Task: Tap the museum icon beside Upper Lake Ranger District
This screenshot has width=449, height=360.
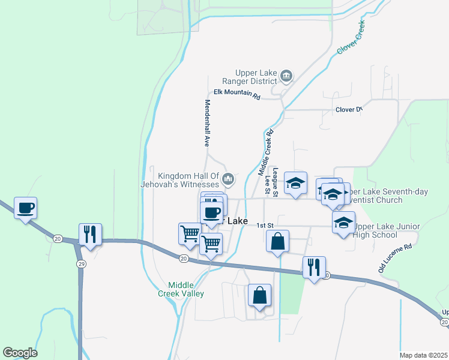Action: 287,76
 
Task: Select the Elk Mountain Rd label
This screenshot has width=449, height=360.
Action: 237,95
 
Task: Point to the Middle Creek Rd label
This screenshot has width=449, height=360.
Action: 266,152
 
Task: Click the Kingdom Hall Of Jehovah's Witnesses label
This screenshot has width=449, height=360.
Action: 186,180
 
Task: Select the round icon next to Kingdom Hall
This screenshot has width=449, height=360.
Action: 228,179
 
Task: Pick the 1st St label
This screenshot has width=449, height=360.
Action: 265,226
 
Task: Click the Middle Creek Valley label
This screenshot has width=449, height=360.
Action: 185,289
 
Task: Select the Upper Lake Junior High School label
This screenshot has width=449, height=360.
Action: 387,230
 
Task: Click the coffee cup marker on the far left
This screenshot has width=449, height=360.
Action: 25,208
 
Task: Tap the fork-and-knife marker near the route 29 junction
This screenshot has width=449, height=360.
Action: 90,234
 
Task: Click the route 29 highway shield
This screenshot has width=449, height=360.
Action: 80,263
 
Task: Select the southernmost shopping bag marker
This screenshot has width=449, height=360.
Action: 259,295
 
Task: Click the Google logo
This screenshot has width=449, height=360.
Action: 20,353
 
